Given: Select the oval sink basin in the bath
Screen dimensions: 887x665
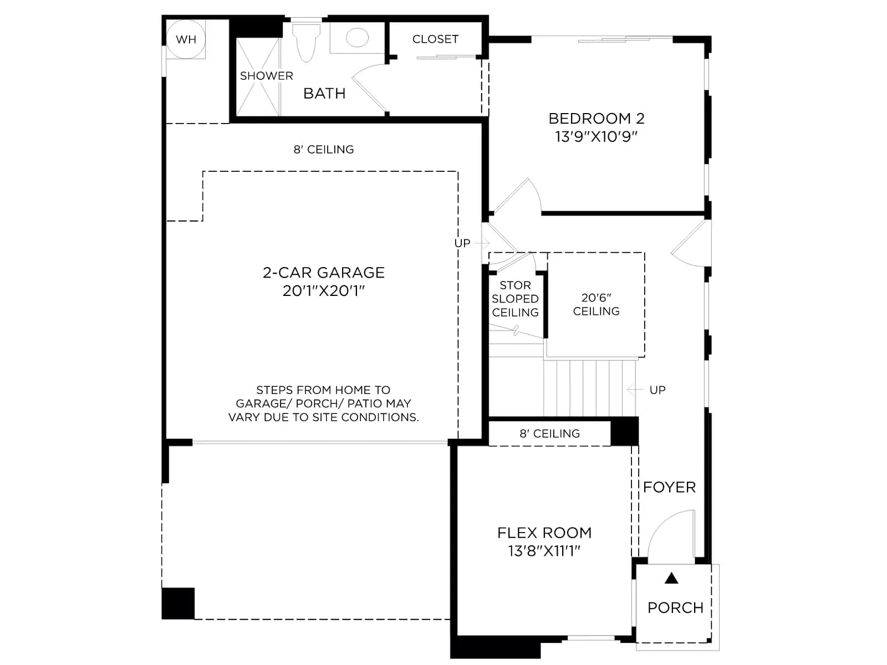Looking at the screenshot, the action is click(x=357, y=38).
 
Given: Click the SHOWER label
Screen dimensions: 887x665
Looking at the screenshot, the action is click(x=266, y=76).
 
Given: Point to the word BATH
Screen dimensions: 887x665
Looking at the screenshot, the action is click(x=324, y=94).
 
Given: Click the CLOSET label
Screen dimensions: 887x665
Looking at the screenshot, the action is click(x=435, y=39).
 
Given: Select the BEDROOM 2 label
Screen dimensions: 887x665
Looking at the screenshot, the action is click(x=596, y=118).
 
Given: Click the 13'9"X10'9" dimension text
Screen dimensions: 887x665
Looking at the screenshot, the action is click(x=596, y=137).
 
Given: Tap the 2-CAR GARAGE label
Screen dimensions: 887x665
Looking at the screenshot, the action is click(x=323, y=273).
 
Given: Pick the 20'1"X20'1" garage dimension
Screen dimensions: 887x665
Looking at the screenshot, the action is click(x=323, y=291).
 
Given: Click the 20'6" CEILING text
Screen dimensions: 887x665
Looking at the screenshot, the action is click(x=596, y=304).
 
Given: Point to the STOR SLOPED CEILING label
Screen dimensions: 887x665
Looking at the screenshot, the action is click(x=515, y=299).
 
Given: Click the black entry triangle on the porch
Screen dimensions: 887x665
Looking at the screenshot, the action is click(x=671, y=578).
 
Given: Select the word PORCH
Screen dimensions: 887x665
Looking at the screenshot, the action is click(x=675, y=608).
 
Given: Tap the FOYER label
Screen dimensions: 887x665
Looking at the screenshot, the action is click(x=669, y=487).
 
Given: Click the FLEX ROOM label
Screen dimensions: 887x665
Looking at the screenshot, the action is click(x=544, y=533).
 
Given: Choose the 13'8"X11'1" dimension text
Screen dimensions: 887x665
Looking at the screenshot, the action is click(x=544, y=551).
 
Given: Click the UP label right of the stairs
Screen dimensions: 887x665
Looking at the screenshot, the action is click(x=657, y=390).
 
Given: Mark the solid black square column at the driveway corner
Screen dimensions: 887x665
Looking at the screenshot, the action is click(x=178, y=603).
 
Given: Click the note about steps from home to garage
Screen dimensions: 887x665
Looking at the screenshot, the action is click(x=323, y=403).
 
